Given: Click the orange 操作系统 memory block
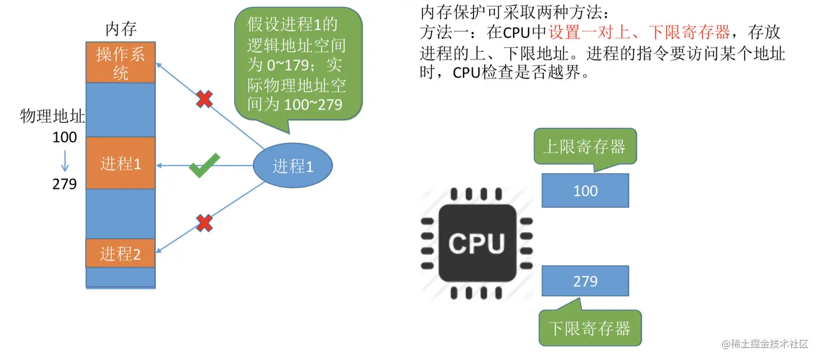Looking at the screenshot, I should pos(120,62).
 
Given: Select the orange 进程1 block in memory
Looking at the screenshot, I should pos(120,163).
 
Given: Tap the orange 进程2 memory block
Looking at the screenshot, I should pos(120,253).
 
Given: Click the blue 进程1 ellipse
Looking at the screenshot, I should pos(292,166).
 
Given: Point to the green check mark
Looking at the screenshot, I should pos(204,166).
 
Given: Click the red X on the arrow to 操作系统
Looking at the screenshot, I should pos(204,99).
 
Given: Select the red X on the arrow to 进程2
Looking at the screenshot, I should pos(204,222).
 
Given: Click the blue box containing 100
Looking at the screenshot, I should pos(585,191).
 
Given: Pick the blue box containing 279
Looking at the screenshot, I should pos(585,282).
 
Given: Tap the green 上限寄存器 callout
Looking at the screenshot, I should pos(584,146).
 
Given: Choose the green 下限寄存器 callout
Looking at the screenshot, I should pos(589,329).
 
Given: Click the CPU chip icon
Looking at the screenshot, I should pos(476,244).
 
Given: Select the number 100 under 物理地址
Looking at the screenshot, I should pos(64,138).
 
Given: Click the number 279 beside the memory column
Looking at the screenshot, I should pos(64,184).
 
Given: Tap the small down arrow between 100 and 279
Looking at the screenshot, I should pos(65,161).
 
